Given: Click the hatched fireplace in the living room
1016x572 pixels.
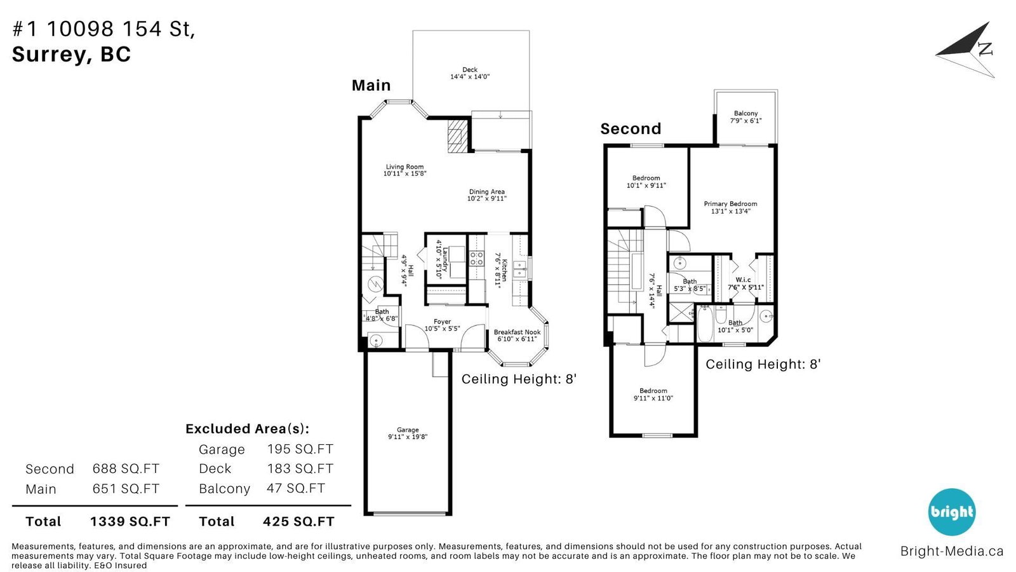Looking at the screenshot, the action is click(x=457, y=136).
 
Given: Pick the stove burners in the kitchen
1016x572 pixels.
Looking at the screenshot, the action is click(x=476, y=258).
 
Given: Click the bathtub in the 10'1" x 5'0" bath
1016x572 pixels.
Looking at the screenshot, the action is click(x=704, y=323).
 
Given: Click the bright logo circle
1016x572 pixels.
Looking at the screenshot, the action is click(x=952, y=512).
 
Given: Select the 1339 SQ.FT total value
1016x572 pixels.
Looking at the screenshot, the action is click(x=130, y=521).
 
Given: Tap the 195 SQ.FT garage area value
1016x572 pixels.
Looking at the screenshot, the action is click(x=300, y=449).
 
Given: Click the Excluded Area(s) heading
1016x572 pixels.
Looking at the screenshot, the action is click(x=247, y=428).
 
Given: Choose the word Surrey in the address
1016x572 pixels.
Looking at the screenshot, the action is click(x=48, y=55).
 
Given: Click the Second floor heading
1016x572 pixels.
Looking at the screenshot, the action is click(x=631, y=129).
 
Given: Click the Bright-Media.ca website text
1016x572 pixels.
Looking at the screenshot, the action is click(x=952, y=551).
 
